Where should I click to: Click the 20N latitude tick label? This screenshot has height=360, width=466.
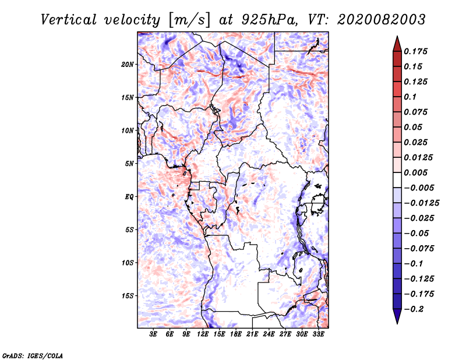pyautogui.click(x=128, y=65)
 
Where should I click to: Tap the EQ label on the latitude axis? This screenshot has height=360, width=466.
pyautogui.click(x=129, y=197)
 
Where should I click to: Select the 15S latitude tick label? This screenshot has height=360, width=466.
pyautogui.click(x=128, y=296)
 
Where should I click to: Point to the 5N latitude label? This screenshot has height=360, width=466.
pyautogui.click(x=129, y=164)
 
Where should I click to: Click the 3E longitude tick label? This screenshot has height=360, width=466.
pyautogui.click(x=153, y=334)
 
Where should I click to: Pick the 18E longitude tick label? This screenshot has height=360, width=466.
pyautogui.click(x=236, y=334)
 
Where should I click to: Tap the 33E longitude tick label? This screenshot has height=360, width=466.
pyautogui.click(x=318, y=334)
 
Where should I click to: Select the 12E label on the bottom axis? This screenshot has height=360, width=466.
pyautogui.click(x=203, y=334)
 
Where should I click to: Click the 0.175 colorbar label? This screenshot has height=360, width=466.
pyautogui.click(x=415, y=51)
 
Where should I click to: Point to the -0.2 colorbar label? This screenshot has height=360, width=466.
pyautogui.click(x=414, y=309)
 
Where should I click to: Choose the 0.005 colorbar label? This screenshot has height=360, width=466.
pyautogui.click(x=415, y=172)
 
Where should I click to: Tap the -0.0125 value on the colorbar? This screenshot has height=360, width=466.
pyautogui.click(x=421, y=203)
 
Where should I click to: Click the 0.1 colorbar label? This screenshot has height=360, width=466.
pyautogui.click(x=410, y=97)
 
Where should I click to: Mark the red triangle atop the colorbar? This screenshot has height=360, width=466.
pyautogui.click(x=397, y=44)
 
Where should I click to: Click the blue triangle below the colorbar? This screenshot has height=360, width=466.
pyautogui.click(x=397, y=316)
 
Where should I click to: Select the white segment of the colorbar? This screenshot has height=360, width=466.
pyautogui.click(x=397, y=180)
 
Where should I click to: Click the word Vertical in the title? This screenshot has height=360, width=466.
pyautogui.click(x=69, y=20)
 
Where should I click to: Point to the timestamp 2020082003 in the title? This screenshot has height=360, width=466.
pyautogui.click(x=382, y=20)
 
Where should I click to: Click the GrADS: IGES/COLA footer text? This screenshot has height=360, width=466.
pyautogui.click(x=33, y=355)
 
